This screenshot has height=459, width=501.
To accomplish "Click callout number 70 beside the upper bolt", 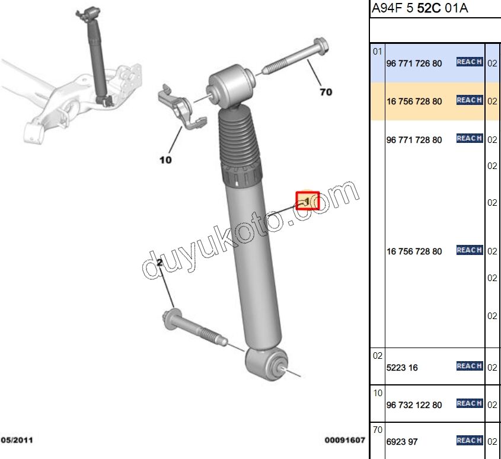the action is coord(326,92).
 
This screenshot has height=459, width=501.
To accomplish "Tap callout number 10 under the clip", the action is coord(165,160).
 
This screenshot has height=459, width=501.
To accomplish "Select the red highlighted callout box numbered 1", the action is coord(307,200).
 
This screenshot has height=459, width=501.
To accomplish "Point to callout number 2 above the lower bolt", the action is coord(159,263).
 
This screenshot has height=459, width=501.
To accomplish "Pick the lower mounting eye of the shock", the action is coord(267,364).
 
